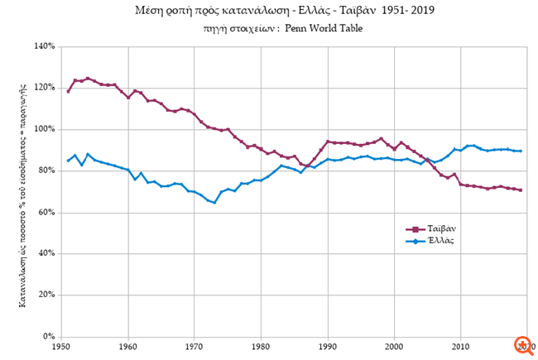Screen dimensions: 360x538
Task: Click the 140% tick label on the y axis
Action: tap(44, 46)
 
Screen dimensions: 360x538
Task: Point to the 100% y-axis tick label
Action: tap(44, 129)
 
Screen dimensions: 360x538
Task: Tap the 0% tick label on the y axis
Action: tap(49, 337)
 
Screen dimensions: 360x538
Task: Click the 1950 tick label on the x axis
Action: tap(60, 348)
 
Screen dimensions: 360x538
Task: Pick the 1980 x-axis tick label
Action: tap(261, 348)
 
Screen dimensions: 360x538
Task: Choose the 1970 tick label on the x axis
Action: tap(194, 348)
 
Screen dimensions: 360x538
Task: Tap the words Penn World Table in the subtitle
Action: tap(323, 28)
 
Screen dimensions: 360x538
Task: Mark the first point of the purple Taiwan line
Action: tap(69, 91)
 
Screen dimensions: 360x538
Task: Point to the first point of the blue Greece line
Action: tap(69, 161)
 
